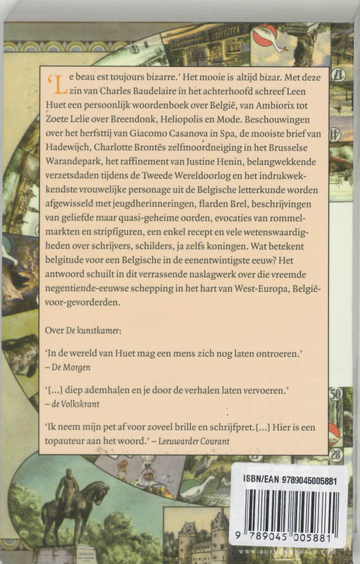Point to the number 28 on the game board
coord(337,455)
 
